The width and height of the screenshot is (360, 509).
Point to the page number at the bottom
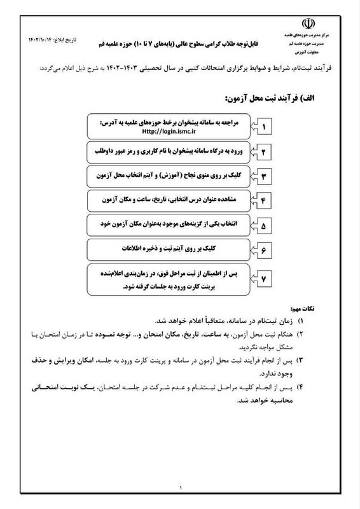180,488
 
